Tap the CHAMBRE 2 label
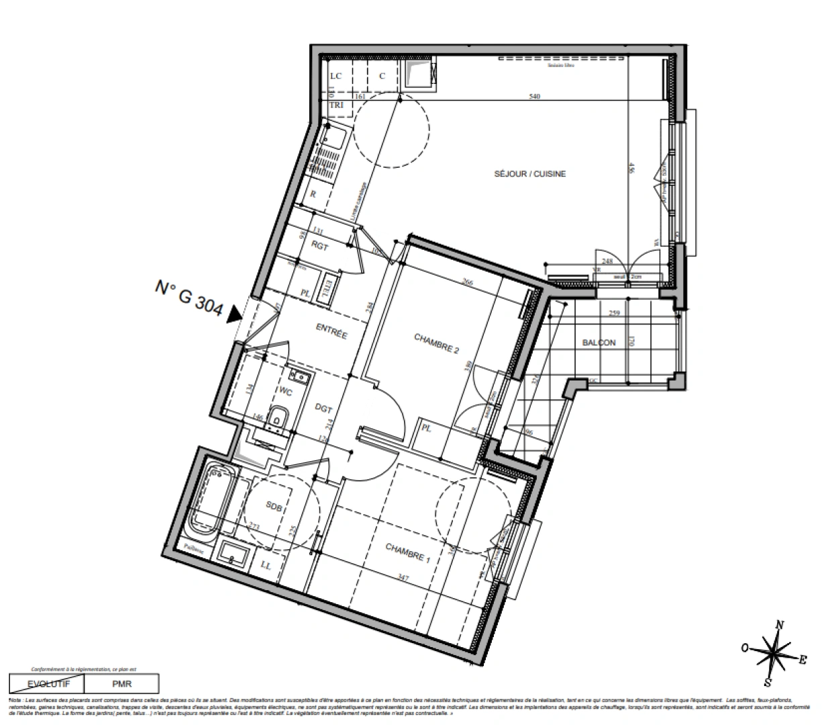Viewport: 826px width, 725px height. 436,345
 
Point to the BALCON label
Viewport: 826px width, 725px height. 599,342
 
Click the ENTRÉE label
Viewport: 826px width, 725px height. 331,331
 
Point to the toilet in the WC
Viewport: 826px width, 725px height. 277,418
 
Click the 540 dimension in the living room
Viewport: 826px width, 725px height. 535,97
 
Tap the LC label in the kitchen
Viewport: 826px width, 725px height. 336,76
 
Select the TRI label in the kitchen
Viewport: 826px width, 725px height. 336,106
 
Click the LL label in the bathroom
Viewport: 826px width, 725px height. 266,566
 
